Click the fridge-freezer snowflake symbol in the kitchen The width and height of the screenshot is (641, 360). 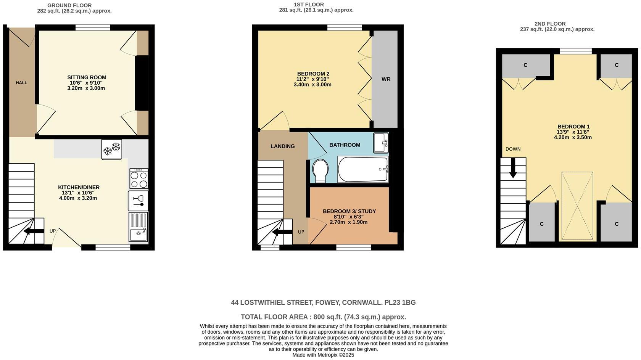click(x=112, y=149)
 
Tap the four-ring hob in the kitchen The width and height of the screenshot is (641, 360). click(x=139, y=179)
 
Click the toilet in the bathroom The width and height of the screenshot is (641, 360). click(x=319, y=170)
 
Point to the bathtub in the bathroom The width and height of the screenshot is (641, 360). click(x=363, y=169)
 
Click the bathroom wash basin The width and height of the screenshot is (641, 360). click(x=380, y=143)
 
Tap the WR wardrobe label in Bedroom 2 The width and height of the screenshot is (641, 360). click(x=386, y=79)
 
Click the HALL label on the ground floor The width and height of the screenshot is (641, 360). click(x=21, y=83)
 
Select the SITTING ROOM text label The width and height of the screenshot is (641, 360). click(x=87, y=77)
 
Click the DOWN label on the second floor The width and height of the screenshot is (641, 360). click(x=513, y=149)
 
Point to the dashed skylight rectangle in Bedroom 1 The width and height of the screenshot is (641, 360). click(x=577, y=206)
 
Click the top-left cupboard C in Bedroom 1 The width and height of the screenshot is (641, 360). click(x=525, y=65)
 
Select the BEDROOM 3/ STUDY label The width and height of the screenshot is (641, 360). click(x=349, y=211)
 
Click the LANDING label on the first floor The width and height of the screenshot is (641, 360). click(x=282, y=146)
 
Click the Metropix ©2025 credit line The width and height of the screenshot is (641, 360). click(x=323, y=355)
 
